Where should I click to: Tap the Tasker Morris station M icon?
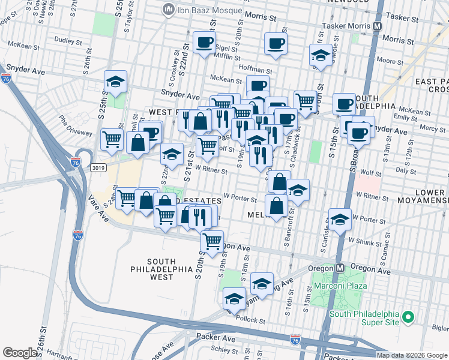[378, 26]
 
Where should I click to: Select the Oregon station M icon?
[340, 268]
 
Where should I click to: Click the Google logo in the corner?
[20, 353]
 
